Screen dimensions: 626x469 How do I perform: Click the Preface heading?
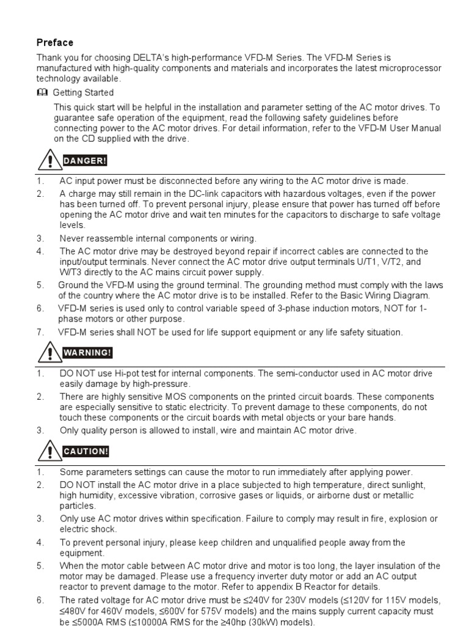pyautogui.click(x=55, y=43)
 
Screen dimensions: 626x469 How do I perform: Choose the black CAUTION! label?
pyautogui.click(x=85, y=452)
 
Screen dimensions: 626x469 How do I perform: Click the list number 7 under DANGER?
pyautogui.click(x=40, y=333)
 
